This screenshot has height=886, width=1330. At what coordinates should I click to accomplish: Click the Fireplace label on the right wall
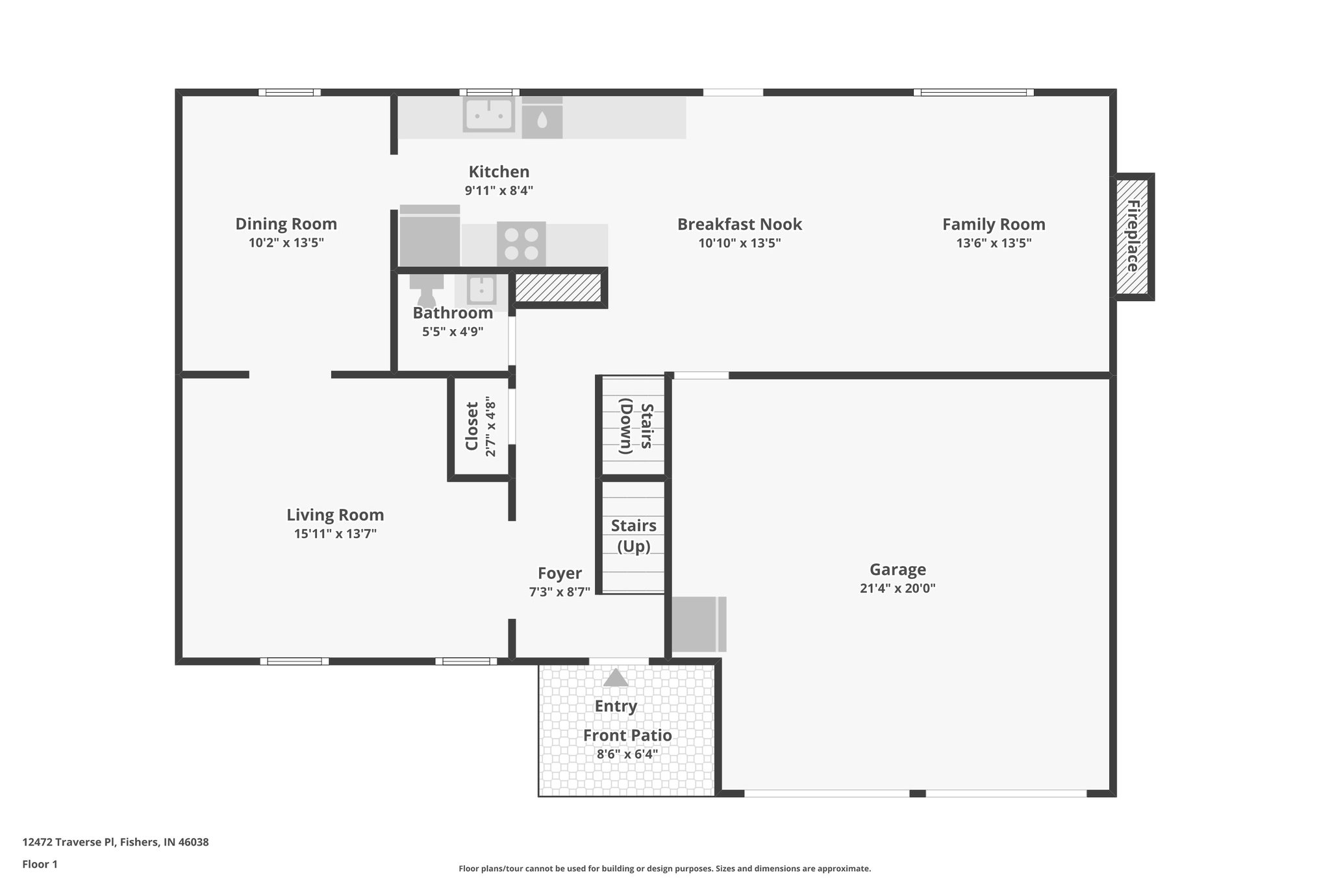1133,236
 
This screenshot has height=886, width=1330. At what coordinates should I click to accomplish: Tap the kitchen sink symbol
489,115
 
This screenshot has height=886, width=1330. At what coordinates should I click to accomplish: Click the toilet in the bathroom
426,289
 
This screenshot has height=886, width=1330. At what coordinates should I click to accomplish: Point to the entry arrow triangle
616,678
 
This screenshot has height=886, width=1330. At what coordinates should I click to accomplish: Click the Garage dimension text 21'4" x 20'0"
897,589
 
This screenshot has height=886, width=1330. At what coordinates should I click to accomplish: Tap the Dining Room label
286,224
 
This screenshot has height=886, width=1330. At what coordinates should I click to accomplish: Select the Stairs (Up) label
633,535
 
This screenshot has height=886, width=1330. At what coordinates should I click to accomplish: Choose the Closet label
472,426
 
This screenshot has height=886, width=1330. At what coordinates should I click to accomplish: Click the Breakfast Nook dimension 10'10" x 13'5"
739,243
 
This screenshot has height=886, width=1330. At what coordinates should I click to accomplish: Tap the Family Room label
994,225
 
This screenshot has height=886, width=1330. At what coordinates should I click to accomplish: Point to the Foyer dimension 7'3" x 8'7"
559,592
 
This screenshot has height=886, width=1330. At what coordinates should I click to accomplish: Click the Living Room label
335,515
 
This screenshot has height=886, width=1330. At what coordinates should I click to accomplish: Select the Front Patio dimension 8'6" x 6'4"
627,754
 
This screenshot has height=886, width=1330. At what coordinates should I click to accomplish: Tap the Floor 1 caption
40,864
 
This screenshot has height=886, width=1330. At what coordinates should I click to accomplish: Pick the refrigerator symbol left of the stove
429,236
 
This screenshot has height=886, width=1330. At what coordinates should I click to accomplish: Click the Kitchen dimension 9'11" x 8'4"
499,191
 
